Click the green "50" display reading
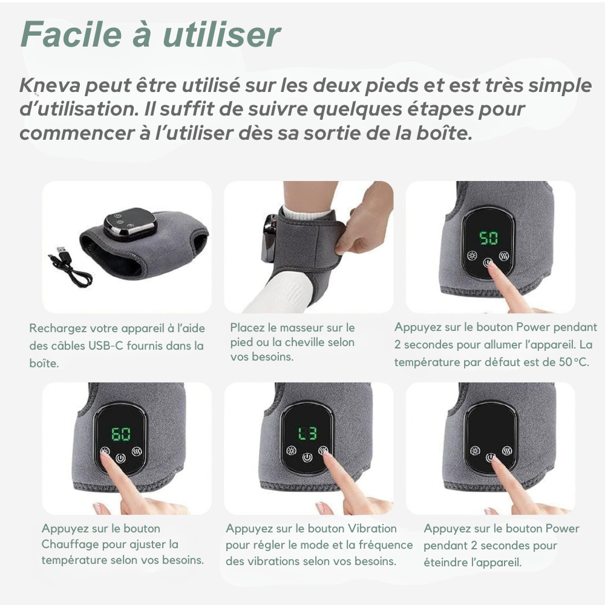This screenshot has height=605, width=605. [489, 237]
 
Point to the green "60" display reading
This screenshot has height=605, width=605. [121, 434]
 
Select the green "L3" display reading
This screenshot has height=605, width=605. [307, 433]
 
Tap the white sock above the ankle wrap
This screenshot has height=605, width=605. [306, 212]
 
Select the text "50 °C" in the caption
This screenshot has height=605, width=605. [573, 362]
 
